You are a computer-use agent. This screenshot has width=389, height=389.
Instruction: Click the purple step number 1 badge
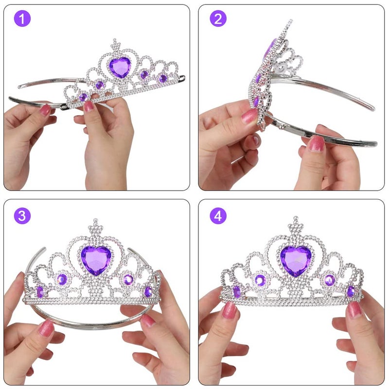click(22, 19)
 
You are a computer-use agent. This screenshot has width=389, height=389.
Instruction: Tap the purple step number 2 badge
click(218, 19)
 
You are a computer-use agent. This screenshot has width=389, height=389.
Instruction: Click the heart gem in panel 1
click(119, 67)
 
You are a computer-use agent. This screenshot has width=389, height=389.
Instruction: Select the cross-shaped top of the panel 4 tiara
click(295, 225)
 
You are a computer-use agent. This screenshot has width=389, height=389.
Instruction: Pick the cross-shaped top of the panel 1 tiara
click(115, 45)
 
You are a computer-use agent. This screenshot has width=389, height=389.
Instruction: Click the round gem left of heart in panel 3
click(62, 279)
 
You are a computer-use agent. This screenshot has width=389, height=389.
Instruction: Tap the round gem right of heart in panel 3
click(128, 279)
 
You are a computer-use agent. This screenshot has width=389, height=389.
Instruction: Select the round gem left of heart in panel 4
click(260, 280)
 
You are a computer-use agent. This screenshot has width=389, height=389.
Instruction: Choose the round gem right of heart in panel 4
click(330, 280)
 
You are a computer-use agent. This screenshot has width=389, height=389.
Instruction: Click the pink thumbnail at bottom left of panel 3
click(47, 328)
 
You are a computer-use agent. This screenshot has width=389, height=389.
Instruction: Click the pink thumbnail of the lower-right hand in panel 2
click(317, 143)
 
